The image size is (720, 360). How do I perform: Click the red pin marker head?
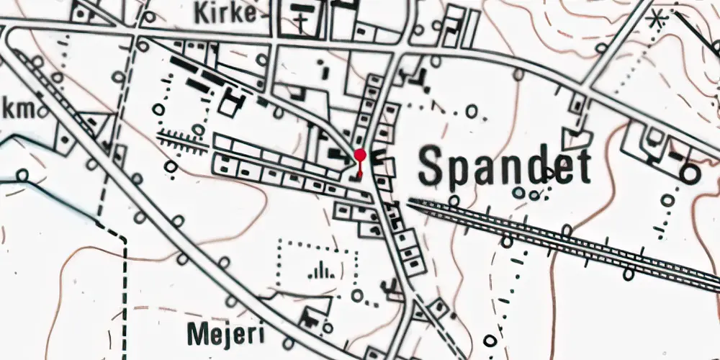[x=359, y=155]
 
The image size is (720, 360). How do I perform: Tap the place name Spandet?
[x=504, y=167]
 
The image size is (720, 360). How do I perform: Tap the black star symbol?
[x=655, y=19]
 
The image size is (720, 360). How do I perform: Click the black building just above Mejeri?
[x=311, y=316]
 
